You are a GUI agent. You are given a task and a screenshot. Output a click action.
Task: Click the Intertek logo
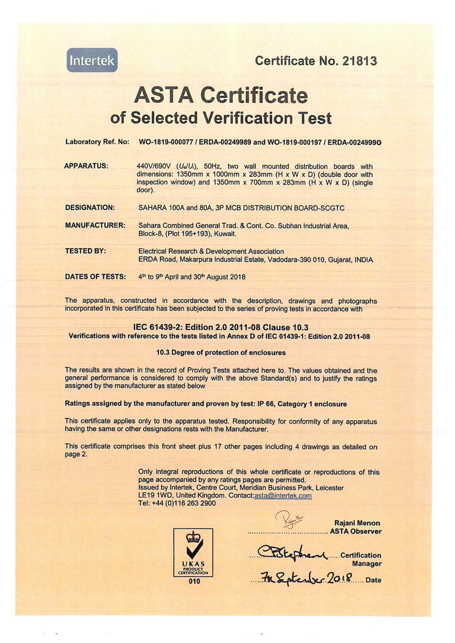(92, 60)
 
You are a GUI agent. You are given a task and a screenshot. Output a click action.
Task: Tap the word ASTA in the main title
(164, 95)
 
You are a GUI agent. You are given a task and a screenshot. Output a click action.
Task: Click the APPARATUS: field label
(86, 166)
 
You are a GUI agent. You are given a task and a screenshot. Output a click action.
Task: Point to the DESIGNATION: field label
(90, 208)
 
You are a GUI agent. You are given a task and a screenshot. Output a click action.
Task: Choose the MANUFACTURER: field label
(95, 225)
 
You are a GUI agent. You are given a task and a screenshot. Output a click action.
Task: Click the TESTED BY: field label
(85, 251)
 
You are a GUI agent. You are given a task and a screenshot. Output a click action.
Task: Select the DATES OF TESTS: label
(95, 277)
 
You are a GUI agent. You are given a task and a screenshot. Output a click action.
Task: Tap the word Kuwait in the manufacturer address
(225, 234)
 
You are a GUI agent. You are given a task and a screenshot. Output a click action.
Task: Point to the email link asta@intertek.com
(283, 496)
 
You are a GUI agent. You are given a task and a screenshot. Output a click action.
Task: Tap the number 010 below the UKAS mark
(194, 581)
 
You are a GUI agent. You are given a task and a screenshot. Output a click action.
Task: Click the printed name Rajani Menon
(357, 523)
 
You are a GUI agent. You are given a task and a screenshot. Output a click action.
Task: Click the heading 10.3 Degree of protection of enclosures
(221, 353)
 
